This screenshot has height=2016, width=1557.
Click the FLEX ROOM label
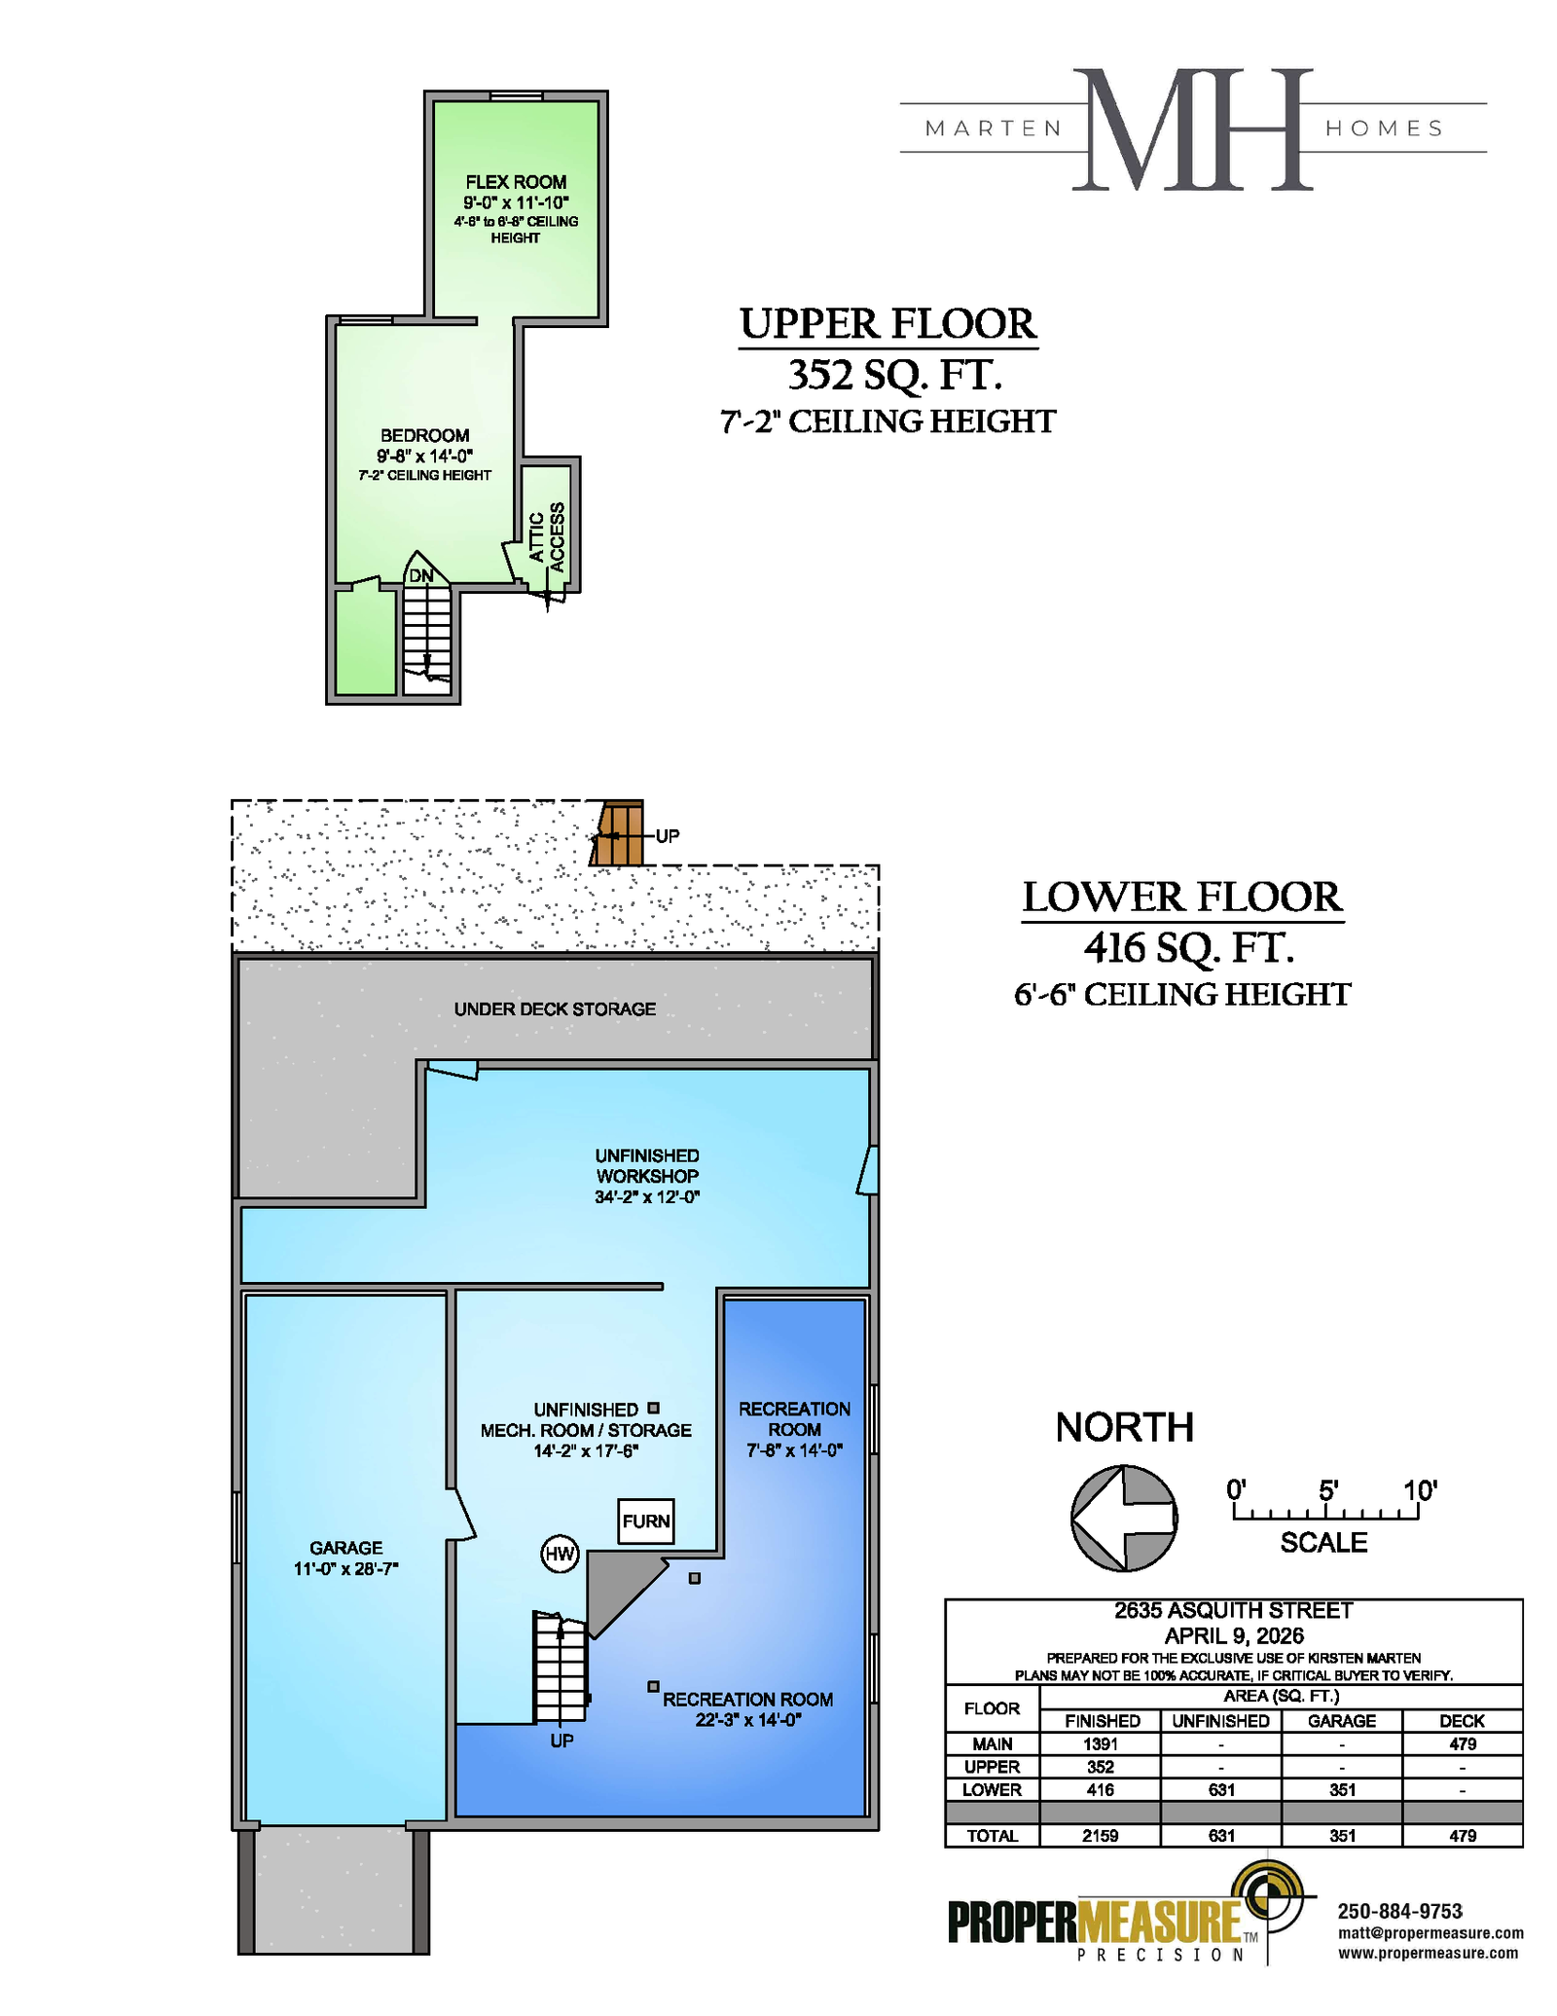[516, 182]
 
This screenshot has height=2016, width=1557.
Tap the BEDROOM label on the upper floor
[424, 435]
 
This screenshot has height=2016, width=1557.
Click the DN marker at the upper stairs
[420, 576]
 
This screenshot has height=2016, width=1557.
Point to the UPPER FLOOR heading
[888, 324]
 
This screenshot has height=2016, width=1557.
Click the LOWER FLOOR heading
[1182, 898]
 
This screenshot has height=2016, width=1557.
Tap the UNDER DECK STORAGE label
[555, 1009]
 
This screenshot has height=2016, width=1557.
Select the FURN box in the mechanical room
[646, 1521]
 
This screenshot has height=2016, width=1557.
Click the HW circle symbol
[560, 1554]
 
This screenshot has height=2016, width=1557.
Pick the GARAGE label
[345, 1548]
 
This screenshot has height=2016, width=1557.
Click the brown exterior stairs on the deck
[618, 833]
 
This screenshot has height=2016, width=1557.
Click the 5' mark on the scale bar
[1328, 1490]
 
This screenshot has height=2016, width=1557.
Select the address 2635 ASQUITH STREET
[1233, 1611]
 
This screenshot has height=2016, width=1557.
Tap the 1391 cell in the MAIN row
[1101, 1744]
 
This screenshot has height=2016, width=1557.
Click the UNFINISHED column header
[1220, 1721]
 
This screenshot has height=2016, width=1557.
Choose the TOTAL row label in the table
[992, 1836]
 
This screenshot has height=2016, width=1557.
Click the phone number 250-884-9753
[1399, 1912]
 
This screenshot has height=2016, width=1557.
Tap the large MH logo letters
[1193, 129]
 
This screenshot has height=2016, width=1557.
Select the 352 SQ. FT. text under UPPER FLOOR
[894, 375]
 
